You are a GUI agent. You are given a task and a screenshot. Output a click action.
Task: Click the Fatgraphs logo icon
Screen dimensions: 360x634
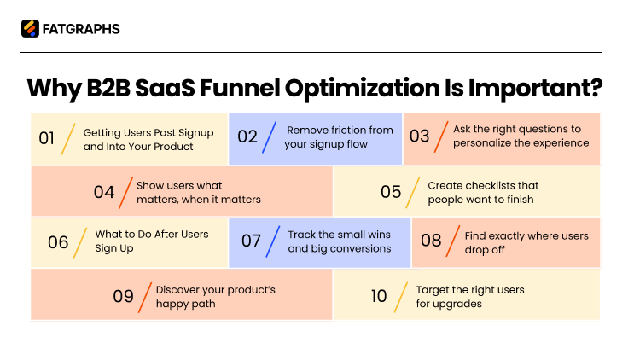pos(30,29)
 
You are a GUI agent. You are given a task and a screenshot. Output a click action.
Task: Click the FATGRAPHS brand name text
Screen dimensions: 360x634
pos(81,29)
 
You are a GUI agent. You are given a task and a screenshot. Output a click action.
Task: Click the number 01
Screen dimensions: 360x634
pos(47,138)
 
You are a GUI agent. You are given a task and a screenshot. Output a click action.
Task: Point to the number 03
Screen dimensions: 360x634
pos(419,136)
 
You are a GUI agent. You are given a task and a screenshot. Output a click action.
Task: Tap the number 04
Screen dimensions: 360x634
pos(104,192)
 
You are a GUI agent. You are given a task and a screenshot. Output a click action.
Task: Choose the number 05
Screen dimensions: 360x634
pos(391,192)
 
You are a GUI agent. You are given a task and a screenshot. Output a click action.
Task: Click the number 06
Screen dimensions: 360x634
pos(58,241)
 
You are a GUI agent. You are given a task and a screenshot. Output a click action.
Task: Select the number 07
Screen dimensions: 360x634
pos(251,241)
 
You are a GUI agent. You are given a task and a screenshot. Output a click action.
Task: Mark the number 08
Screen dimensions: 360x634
pos(431,241)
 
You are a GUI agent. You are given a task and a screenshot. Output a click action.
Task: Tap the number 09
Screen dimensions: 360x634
pos(123,296)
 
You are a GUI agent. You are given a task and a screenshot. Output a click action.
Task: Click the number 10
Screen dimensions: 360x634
pos(379,296)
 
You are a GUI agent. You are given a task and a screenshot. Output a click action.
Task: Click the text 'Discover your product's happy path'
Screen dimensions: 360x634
pos(215,296)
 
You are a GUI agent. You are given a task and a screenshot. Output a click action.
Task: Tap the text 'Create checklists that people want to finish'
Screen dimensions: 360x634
pos(483,192)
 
